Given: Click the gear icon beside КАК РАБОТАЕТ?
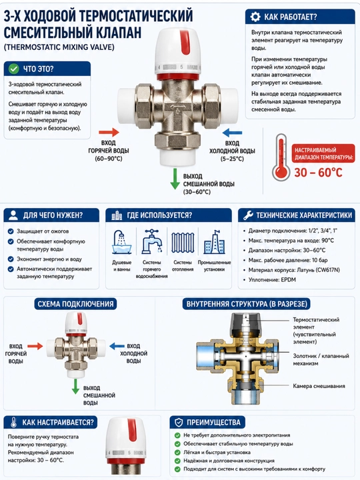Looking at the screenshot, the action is coord(255,17).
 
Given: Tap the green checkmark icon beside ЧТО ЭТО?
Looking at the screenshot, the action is coord(14,69).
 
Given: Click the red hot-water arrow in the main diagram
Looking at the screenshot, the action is coord(109,132).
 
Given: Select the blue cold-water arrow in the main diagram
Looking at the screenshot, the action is coord(232,133).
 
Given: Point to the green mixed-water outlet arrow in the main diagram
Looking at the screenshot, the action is coord(175,179).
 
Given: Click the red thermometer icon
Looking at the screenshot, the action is coord(281,157).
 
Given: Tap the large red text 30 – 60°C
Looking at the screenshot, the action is coord(318,173).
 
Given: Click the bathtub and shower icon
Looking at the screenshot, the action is coord(121,242).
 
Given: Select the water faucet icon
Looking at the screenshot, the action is coord(152,241).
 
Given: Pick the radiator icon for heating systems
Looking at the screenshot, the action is coord(183,243).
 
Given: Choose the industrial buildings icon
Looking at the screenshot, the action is coord(214,242).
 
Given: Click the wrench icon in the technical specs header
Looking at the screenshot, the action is coord(248,215).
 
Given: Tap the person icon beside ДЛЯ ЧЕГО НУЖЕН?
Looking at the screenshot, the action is coord(13,215).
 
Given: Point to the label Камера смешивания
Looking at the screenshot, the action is coord(319,386).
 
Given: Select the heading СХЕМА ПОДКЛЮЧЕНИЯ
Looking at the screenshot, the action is coord(75,304).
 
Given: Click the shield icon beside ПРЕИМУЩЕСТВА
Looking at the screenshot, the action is coord(179,423).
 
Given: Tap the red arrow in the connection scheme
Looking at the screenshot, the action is coord(35,346).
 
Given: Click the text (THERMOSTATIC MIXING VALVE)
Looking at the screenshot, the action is coord(59,47).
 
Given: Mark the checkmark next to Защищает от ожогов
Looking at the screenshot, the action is coord(11,231).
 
